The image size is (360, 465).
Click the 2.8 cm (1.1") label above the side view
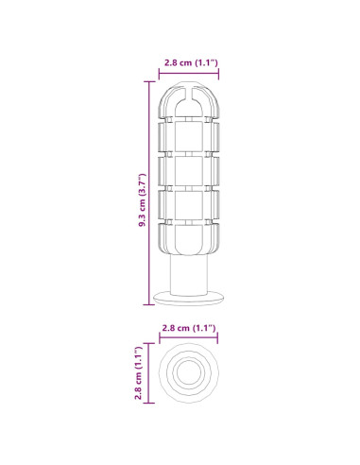[191, 62]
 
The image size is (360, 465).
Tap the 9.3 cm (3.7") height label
[143, 200]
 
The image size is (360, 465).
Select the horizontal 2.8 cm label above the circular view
[189, 328]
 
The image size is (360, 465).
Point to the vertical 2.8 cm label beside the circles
[138, 373]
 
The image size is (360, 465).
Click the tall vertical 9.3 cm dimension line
[149, 193]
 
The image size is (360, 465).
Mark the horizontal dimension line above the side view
[189, 74]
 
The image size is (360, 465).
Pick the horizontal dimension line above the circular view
[189, 337]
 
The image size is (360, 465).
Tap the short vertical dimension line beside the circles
[148, 373]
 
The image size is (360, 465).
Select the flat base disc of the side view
[188, 299]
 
